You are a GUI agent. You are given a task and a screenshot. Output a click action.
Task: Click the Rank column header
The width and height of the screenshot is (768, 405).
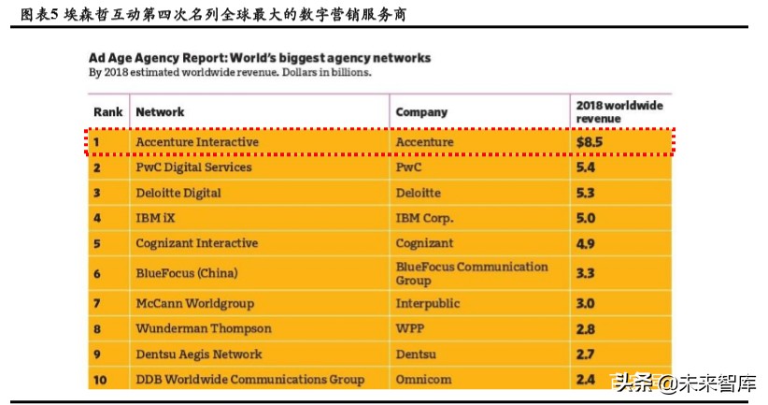click(x=107, y=112)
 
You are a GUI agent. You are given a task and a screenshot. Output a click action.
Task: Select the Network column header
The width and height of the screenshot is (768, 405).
click(x=160, y=112)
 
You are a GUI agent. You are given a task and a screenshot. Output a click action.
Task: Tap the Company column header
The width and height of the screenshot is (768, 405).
click(x=421, y=112)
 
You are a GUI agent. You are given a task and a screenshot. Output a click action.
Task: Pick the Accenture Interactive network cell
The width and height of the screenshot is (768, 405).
click(x=197, y=142)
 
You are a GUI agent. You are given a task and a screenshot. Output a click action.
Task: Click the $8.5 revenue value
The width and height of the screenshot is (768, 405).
click(x=589, y=142)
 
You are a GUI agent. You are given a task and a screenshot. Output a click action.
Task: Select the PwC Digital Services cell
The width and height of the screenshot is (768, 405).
click(x=193, y=167)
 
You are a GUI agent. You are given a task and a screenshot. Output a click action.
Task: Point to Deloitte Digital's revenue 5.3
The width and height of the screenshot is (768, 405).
click(x=586, y=193)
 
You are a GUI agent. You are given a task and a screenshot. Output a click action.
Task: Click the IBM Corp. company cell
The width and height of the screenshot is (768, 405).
click(x=424, y=218)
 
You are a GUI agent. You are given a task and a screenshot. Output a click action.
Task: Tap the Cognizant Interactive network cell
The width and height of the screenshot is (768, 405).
click(x=196, y=243)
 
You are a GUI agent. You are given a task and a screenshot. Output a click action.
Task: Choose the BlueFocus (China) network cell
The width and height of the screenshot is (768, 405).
click(x=186, y=273)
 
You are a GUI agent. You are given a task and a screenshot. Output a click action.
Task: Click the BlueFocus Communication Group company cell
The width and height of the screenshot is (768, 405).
click(x=472, y=273)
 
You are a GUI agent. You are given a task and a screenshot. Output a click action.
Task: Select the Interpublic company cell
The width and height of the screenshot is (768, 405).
click(x=429, y=304)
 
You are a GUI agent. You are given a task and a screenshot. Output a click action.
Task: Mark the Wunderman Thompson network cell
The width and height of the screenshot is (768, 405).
click(x=204, y=329)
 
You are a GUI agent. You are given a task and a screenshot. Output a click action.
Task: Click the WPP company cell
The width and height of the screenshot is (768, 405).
click(x=410, y=329)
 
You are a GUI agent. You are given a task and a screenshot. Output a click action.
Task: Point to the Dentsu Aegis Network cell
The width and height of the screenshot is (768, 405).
click(x=199, y=354)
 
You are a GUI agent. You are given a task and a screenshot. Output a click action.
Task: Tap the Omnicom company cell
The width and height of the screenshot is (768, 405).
click(x=423, y=380)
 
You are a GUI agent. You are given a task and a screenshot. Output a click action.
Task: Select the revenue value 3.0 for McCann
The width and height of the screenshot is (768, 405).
click(x=586, y=304)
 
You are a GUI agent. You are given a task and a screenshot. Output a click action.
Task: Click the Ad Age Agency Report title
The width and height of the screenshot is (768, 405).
click(x=260, y=58)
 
